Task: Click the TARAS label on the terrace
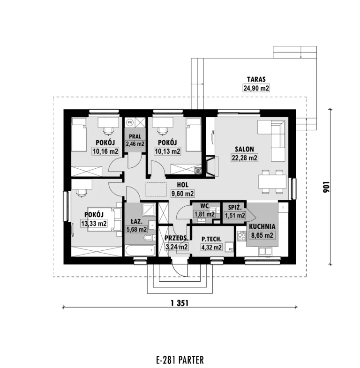(256, 79)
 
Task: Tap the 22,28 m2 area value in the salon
(244, 158)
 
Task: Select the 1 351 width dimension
(180, 303)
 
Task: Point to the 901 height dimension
(326, 187)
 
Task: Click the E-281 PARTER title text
(180, 360)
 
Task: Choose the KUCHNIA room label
(262, 226)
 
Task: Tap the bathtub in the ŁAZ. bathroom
(140, 250)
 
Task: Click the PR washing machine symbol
(130, 122)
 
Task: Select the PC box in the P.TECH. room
(230, 247)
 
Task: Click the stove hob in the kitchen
(241, 236)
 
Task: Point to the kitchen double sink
(265, 251)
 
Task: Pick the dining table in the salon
(272, 181)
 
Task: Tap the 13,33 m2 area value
(94, 223)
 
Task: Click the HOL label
(183, 185)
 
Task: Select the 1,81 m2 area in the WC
(204, 214)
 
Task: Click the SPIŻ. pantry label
(235, 208)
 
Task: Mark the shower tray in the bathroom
(149, 210)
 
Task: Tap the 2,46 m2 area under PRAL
(135, 143)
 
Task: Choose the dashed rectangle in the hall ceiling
(156, 189)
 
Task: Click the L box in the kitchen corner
(284, 207)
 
